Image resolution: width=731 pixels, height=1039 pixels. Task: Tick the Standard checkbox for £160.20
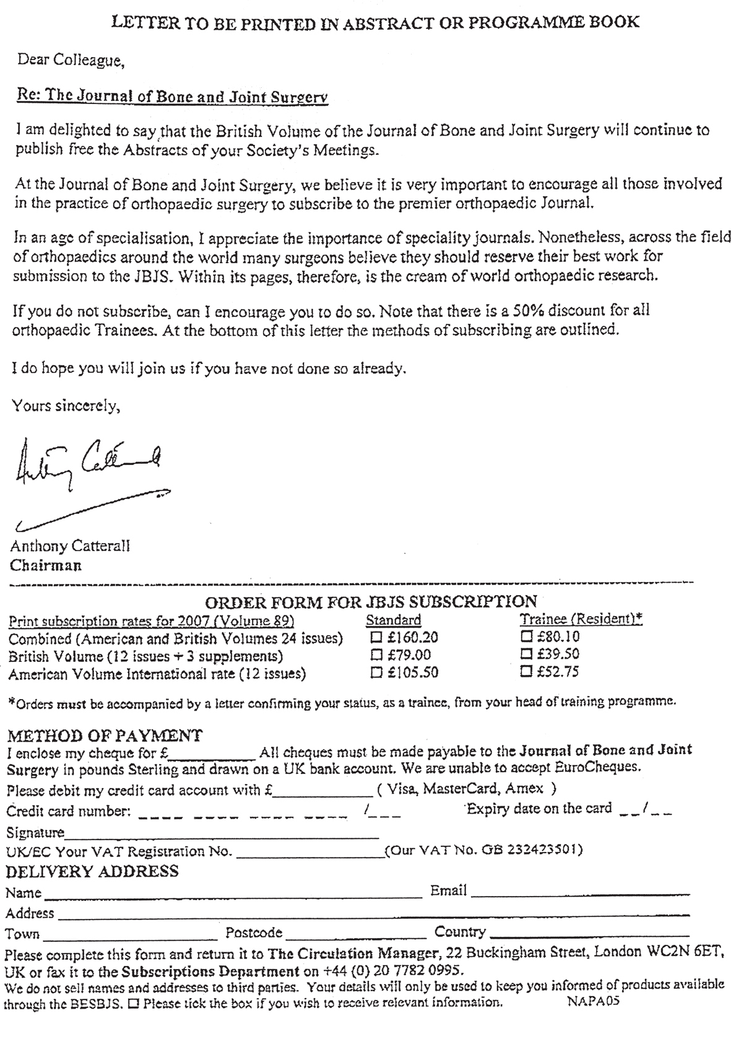point(375,637)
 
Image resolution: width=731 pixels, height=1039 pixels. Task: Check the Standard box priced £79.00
point(375,654)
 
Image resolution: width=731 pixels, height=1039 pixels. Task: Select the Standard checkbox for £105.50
point(375,672)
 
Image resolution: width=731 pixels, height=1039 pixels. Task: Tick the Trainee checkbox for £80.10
point(527,636)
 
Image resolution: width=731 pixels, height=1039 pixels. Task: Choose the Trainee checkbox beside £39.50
point(527,653)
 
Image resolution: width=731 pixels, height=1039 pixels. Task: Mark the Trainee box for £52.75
point(527,671)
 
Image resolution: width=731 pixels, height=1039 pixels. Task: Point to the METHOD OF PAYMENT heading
point(104,736)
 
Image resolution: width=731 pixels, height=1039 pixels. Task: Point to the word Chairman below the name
point(46,565)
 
